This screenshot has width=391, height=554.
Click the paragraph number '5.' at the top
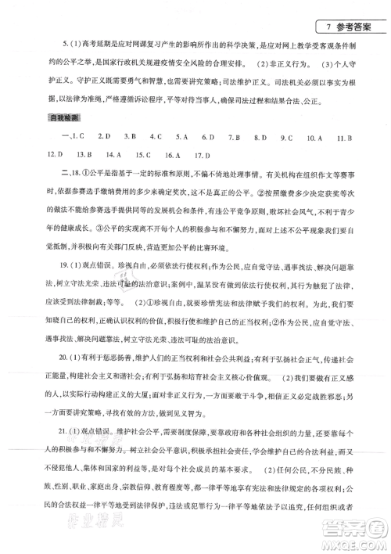[52, 41]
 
